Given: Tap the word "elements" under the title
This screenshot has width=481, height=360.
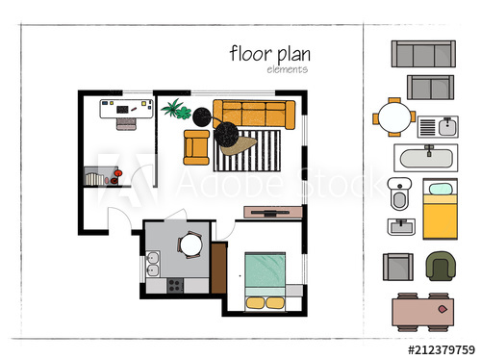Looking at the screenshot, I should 287,69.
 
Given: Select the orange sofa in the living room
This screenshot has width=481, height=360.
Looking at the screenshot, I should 252,114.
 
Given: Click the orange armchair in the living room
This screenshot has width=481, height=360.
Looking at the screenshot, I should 196,145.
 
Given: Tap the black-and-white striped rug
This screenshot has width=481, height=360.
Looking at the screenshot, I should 248,150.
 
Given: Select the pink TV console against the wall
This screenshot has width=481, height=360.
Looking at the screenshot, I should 273,212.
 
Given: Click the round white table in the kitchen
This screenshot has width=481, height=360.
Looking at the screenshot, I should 190,246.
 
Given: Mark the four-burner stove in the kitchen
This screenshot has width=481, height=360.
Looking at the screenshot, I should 175,285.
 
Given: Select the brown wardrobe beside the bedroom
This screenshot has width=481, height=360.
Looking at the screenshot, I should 218,269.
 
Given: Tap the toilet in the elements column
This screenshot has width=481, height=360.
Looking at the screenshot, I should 399,195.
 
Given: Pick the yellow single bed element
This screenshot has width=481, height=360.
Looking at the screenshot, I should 439,210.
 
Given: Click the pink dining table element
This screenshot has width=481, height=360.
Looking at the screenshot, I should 423,311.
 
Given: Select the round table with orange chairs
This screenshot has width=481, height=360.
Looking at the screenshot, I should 394,118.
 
